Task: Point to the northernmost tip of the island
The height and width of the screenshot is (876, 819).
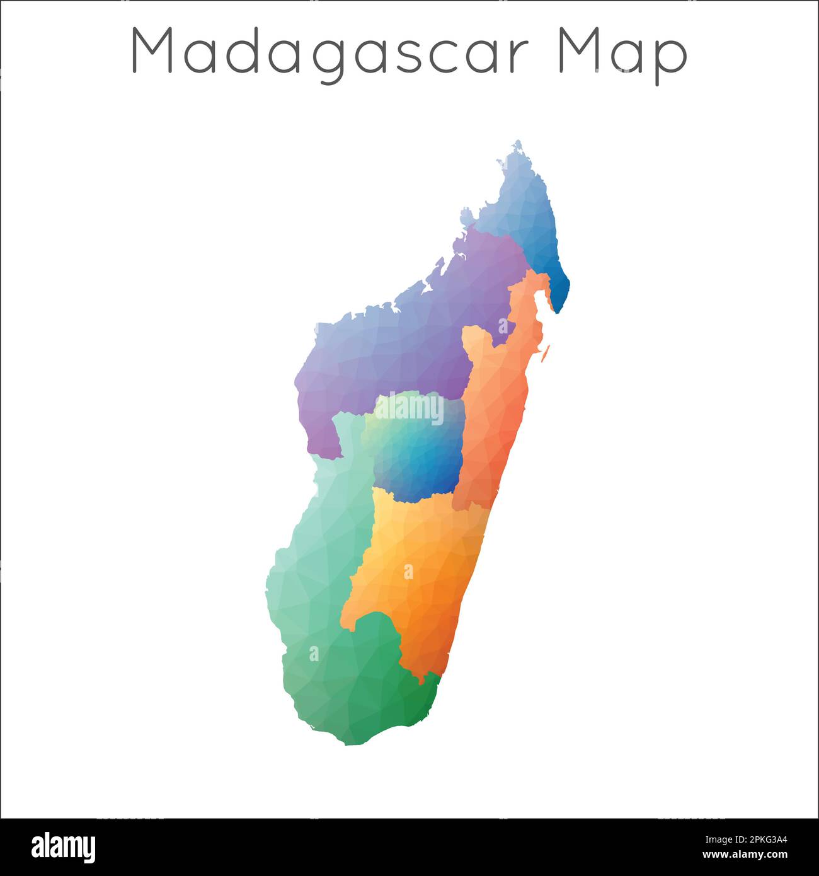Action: [518, 142]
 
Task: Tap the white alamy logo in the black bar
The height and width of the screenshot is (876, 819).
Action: [63, 847]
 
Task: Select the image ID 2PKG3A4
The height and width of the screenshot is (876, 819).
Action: [744, 839]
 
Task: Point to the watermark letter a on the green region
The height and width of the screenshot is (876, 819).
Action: [314, 654]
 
